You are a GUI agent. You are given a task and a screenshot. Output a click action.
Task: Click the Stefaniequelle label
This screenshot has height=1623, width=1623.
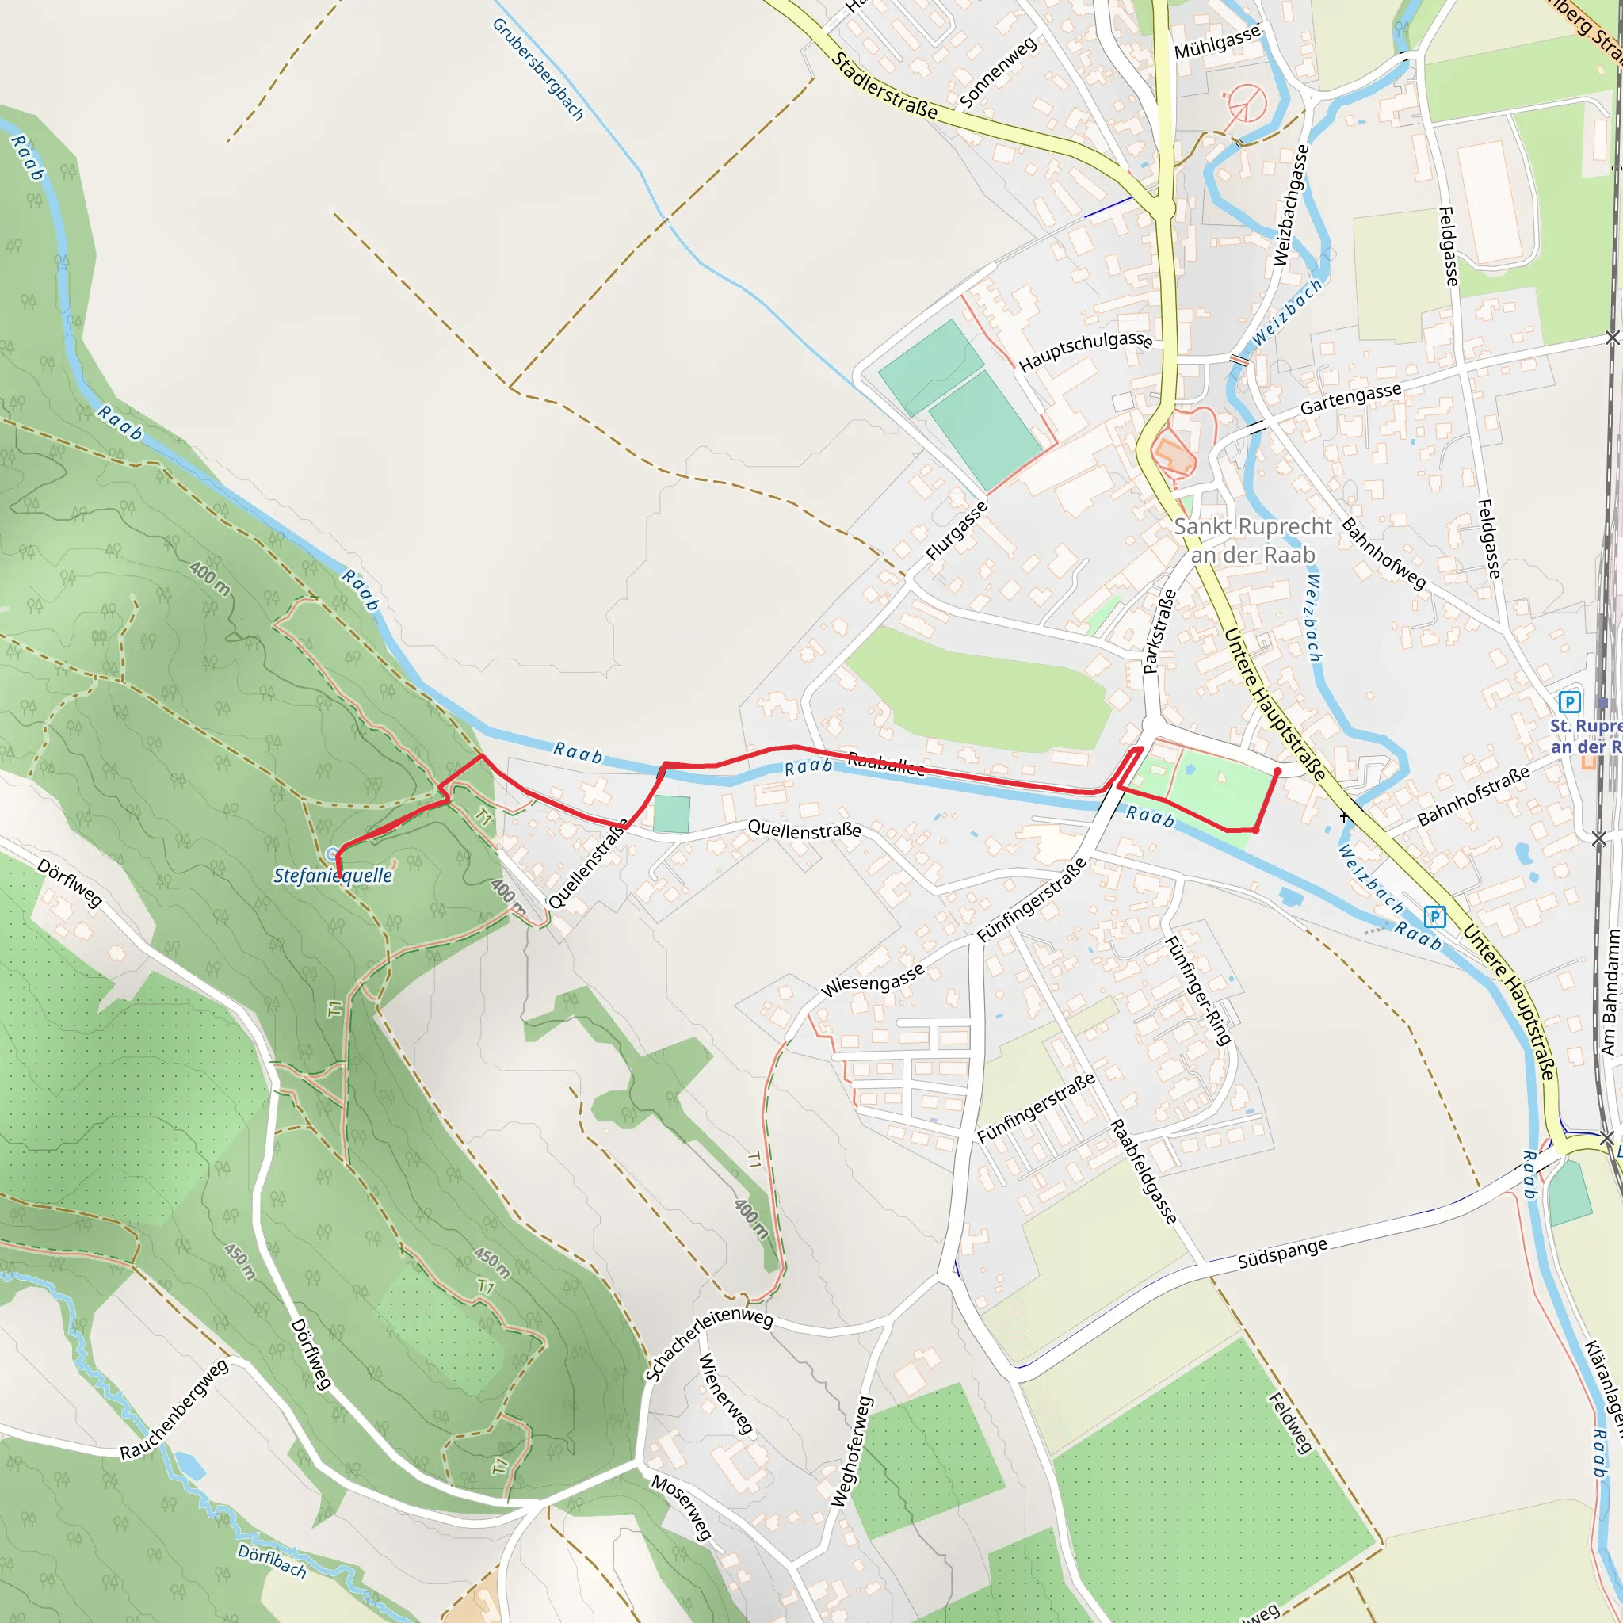(x=333, y=876)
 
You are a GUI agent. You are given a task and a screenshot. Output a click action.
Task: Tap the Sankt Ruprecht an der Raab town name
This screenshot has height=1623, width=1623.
(x=1253, y=541)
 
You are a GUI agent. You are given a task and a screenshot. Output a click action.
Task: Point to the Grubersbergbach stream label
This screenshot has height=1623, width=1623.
(x=537, y=70)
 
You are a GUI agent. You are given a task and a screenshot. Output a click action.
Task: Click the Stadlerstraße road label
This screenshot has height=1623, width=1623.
(x=884, y=86)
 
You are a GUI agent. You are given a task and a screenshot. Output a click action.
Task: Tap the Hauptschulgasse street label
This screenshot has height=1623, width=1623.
(x=1086, y=350)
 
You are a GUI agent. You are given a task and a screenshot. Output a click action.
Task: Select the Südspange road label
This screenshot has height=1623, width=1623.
(x=1282, y=1254)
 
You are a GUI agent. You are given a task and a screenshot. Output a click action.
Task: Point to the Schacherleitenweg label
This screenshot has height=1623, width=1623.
(x=708, y=1343)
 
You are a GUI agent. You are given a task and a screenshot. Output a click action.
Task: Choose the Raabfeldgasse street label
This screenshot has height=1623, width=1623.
(x=1144, y=1172)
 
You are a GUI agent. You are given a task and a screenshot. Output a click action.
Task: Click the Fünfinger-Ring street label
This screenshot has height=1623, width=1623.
(x=1198, y=991)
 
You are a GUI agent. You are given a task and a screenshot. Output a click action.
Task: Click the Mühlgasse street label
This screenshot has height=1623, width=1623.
(x=1216, y=42)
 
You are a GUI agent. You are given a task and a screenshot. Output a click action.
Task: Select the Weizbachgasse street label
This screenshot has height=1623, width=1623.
(x=1291, y=205)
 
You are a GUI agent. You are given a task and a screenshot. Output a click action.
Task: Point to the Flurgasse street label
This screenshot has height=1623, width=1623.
(x=956, y=531)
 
